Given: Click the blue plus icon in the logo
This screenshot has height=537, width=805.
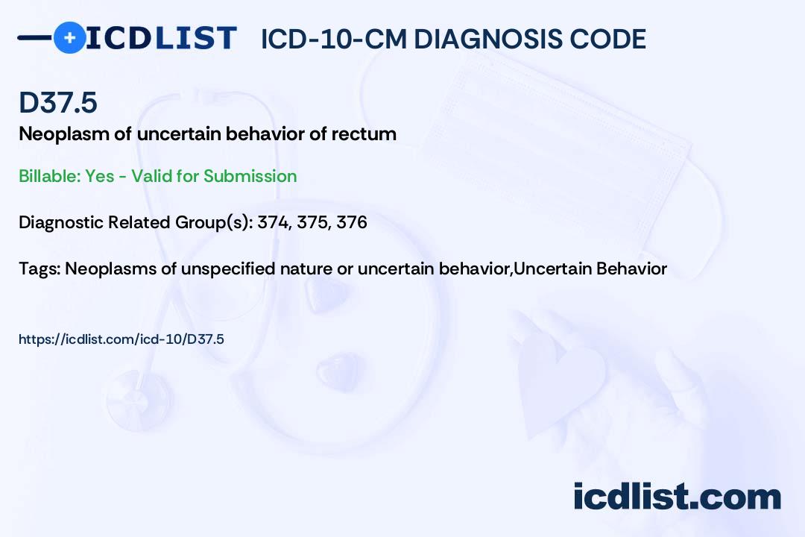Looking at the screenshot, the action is pyautogui.click(x=70, y=38).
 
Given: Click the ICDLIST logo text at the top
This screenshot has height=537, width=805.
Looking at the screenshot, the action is pyautogui.click(x=161, y=38).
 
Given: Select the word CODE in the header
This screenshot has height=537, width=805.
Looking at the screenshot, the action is pyautogui.click(x=602, y=39).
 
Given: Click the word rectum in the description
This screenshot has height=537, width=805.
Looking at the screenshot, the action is pyautogui.click(x=364, y=135).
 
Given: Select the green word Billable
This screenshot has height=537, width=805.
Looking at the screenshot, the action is pyautogui.click(x=50, y=176).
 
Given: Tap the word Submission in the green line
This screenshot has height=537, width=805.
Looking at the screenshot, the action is pyautogui.click(x=250, y=176).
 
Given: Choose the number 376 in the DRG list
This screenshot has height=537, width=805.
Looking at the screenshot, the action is pyautogui.click(x=352, y=222).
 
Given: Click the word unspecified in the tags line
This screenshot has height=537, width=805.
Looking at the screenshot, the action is pyautogui.click(x=228, y=268).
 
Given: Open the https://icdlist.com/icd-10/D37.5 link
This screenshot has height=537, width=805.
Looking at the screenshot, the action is pyautogui.click(x=121, y=339).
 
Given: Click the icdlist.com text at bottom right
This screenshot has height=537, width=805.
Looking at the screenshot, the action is pyautogui.click(x=677, y=497).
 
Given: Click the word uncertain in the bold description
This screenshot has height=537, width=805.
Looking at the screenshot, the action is pyautogui.click(x=179, y=135).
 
